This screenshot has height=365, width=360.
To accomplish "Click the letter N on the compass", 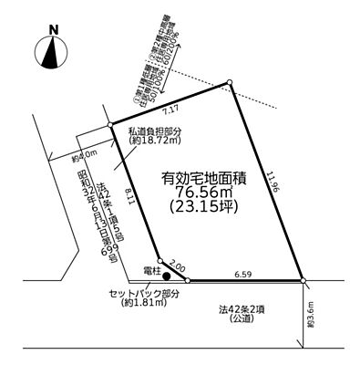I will pyautogui.click(x=54, y=29).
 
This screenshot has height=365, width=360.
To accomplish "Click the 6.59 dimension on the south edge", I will pyautogui.click(x=242, y=273).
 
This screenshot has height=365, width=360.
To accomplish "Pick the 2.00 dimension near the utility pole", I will pyautogui.click(x=178, y=264).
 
